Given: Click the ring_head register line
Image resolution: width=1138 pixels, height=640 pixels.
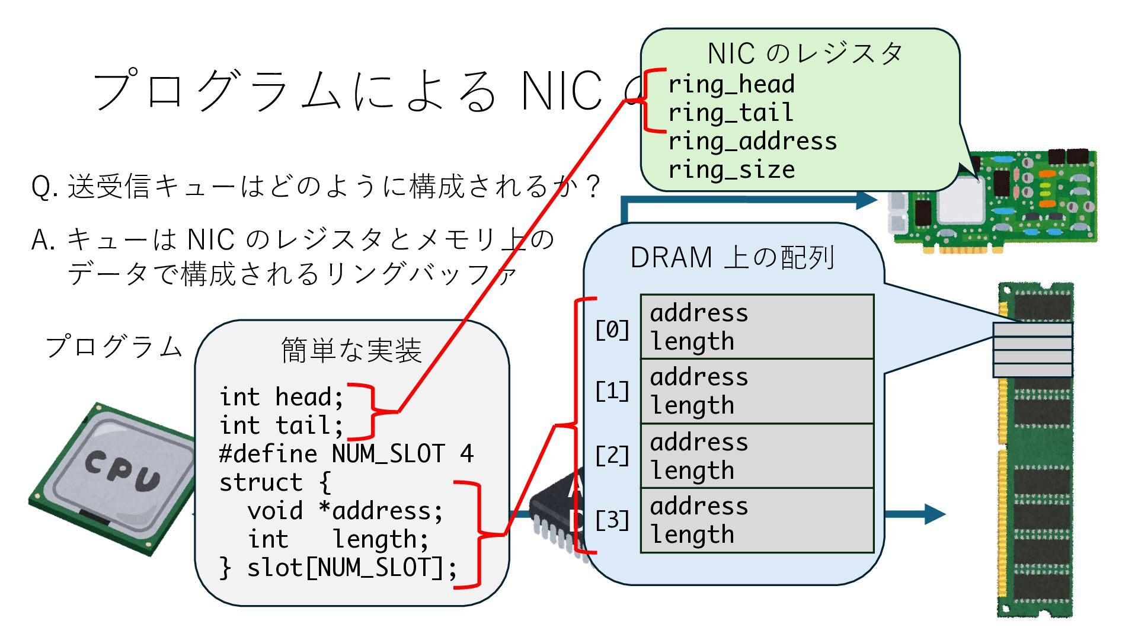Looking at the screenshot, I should click(731, 85).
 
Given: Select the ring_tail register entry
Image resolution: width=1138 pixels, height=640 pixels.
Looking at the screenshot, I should click(730, 113).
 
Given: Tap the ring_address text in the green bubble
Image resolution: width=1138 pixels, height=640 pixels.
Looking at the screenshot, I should click(752, 142).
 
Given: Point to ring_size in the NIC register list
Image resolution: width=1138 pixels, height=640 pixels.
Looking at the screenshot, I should click(731, 170).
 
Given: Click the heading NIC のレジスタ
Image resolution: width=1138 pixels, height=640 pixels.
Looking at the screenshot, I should click(804, 54).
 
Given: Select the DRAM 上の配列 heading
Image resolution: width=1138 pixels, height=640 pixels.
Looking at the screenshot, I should click(733, 258).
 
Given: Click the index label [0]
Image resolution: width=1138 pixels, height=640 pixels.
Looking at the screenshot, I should click(612, 329).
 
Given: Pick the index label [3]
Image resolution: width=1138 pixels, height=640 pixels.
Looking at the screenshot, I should click(612, 520).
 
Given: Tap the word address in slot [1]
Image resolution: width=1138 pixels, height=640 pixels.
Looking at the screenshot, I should click(699, 377).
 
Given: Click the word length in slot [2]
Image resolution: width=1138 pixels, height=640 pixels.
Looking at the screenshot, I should click(692, 471).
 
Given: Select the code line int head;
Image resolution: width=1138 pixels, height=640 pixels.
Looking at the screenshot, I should click(281, 397).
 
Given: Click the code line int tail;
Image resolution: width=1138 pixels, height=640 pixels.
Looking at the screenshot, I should click(281, 425).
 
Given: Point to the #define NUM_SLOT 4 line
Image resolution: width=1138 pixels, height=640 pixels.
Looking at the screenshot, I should click(346, 454).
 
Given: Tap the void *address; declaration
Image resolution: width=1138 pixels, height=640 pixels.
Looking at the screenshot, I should click(345, 511).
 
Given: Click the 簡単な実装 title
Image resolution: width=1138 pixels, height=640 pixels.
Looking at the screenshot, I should click(351, 350).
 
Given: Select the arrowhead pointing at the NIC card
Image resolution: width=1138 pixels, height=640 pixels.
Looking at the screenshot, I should click(867, 199).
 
